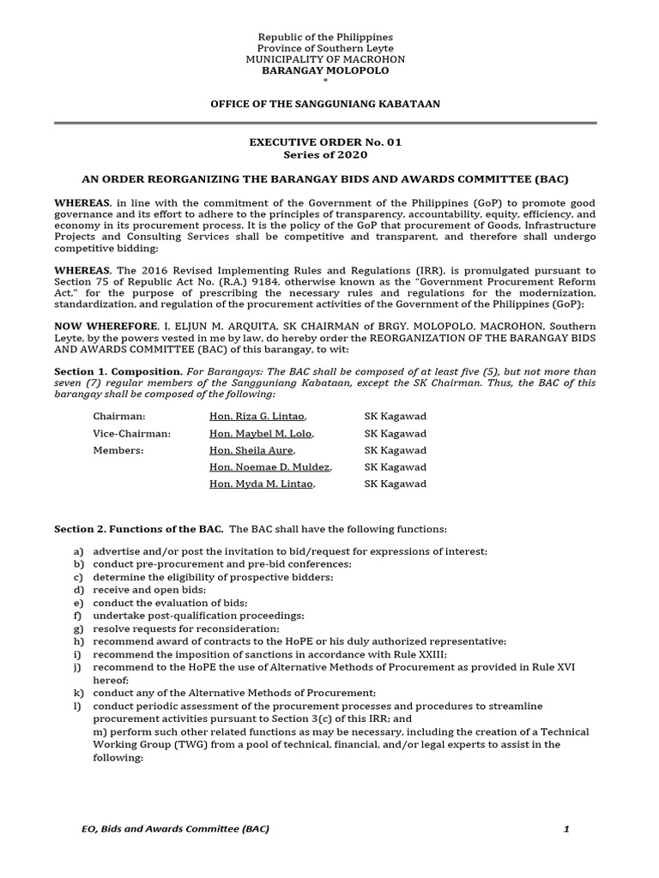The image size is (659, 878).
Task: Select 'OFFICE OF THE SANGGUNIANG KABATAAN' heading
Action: pos(325,104)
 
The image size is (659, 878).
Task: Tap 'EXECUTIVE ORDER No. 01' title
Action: pos(325,142)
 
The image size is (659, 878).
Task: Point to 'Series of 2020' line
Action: pos(325,155)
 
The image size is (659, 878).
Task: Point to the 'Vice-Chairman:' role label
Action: pos(131,434)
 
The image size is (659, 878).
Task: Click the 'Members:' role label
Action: pos(118,450)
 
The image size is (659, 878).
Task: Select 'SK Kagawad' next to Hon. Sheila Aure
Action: pos(395,450)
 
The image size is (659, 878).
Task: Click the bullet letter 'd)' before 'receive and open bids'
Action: pos(79,590)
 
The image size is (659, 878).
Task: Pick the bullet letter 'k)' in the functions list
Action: pos(79,693)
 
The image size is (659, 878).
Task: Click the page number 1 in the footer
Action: pos(566,829)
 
